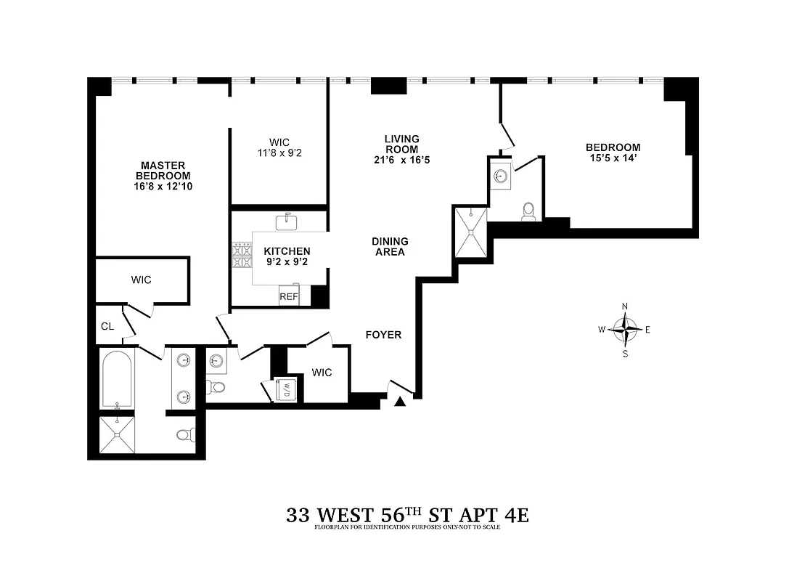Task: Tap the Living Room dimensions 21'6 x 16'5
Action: pos(401,160)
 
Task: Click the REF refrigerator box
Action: pos(289,296)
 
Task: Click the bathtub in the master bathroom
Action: pos(117,378)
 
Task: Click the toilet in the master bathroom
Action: pos(185,435)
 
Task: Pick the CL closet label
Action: pos(107,326)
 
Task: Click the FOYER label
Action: pos(383,335)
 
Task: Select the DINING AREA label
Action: pos(390,247)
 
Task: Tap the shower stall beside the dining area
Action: pos(470,232)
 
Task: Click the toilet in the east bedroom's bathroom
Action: pos(529,211)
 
